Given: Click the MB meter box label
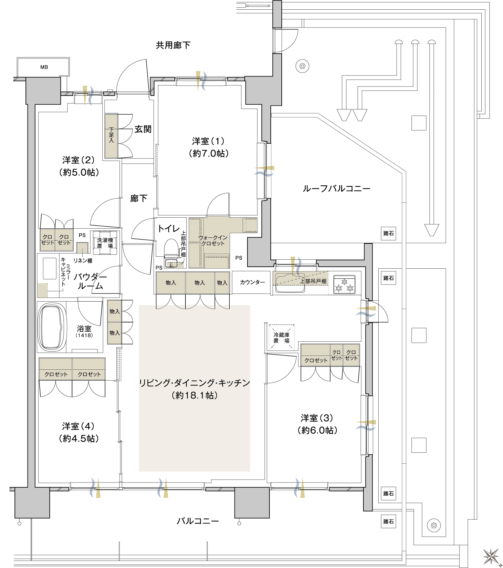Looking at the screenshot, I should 44,67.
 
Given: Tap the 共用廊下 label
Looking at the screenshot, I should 173,45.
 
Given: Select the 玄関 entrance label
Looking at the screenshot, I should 143,129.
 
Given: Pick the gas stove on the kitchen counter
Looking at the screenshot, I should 344,284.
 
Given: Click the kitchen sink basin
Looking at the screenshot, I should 288,284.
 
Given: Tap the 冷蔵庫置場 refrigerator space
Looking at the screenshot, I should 281,337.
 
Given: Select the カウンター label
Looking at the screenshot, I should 252,282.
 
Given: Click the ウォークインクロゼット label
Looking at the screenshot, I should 213,241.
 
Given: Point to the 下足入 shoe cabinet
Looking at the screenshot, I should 111,136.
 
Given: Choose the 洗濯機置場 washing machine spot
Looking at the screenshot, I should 105,243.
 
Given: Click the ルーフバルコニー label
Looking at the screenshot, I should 336,189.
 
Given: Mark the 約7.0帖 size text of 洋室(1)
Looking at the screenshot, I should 209,153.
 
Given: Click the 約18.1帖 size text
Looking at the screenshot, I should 195,395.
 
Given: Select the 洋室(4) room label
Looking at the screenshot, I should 78,426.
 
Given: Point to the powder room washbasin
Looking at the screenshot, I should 50,268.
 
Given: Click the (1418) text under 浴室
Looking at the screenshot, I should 84,336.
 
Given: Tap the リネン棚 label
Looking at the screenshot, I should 83,261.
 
